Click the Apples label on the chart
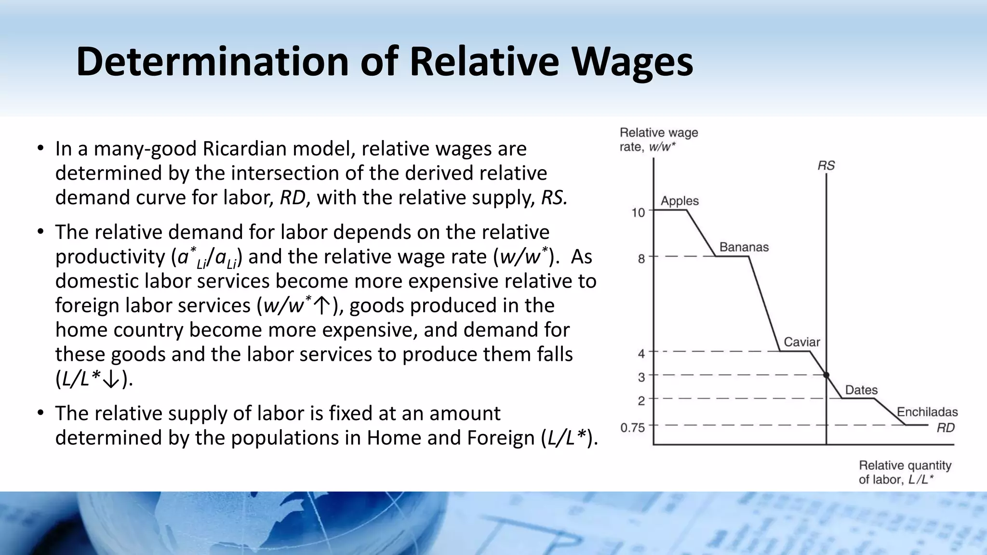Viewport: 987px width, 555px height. (x=680, y=201)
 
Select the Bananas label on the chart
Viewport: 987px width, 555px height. (x=744, y=247)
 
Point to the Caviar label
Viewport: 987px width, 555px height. (x=801, y=342)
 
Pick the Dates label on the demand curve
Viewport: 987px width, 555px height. (x=861, y=390)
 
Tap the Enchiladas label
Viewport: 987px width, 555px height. (x=927, y=412)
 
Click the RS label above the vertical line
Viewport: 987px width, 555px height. (x=826, y=166)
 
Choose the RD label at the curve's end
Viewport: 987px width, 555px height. (x=946, y=428)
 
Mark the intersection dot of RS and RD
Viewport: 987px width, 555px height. (x=826, y=375)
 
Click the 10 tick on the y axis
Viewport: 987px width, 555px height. (x=638, y=212)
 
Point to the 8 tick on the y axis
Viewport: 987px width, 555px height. (x=641, y=259)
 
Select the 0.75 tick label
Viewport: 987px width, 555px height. (x=632, y=428)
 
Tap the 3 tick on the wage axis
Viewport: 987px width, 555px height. (x=641, y=377)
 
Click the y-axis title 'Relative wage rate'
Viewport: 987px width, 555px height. (x=658, y=139)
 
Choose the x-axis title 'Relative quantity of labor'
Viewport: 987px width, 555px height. (x=905, y=472)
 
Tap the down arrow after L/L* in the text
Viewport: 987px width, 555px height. (x=111, y=380)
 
